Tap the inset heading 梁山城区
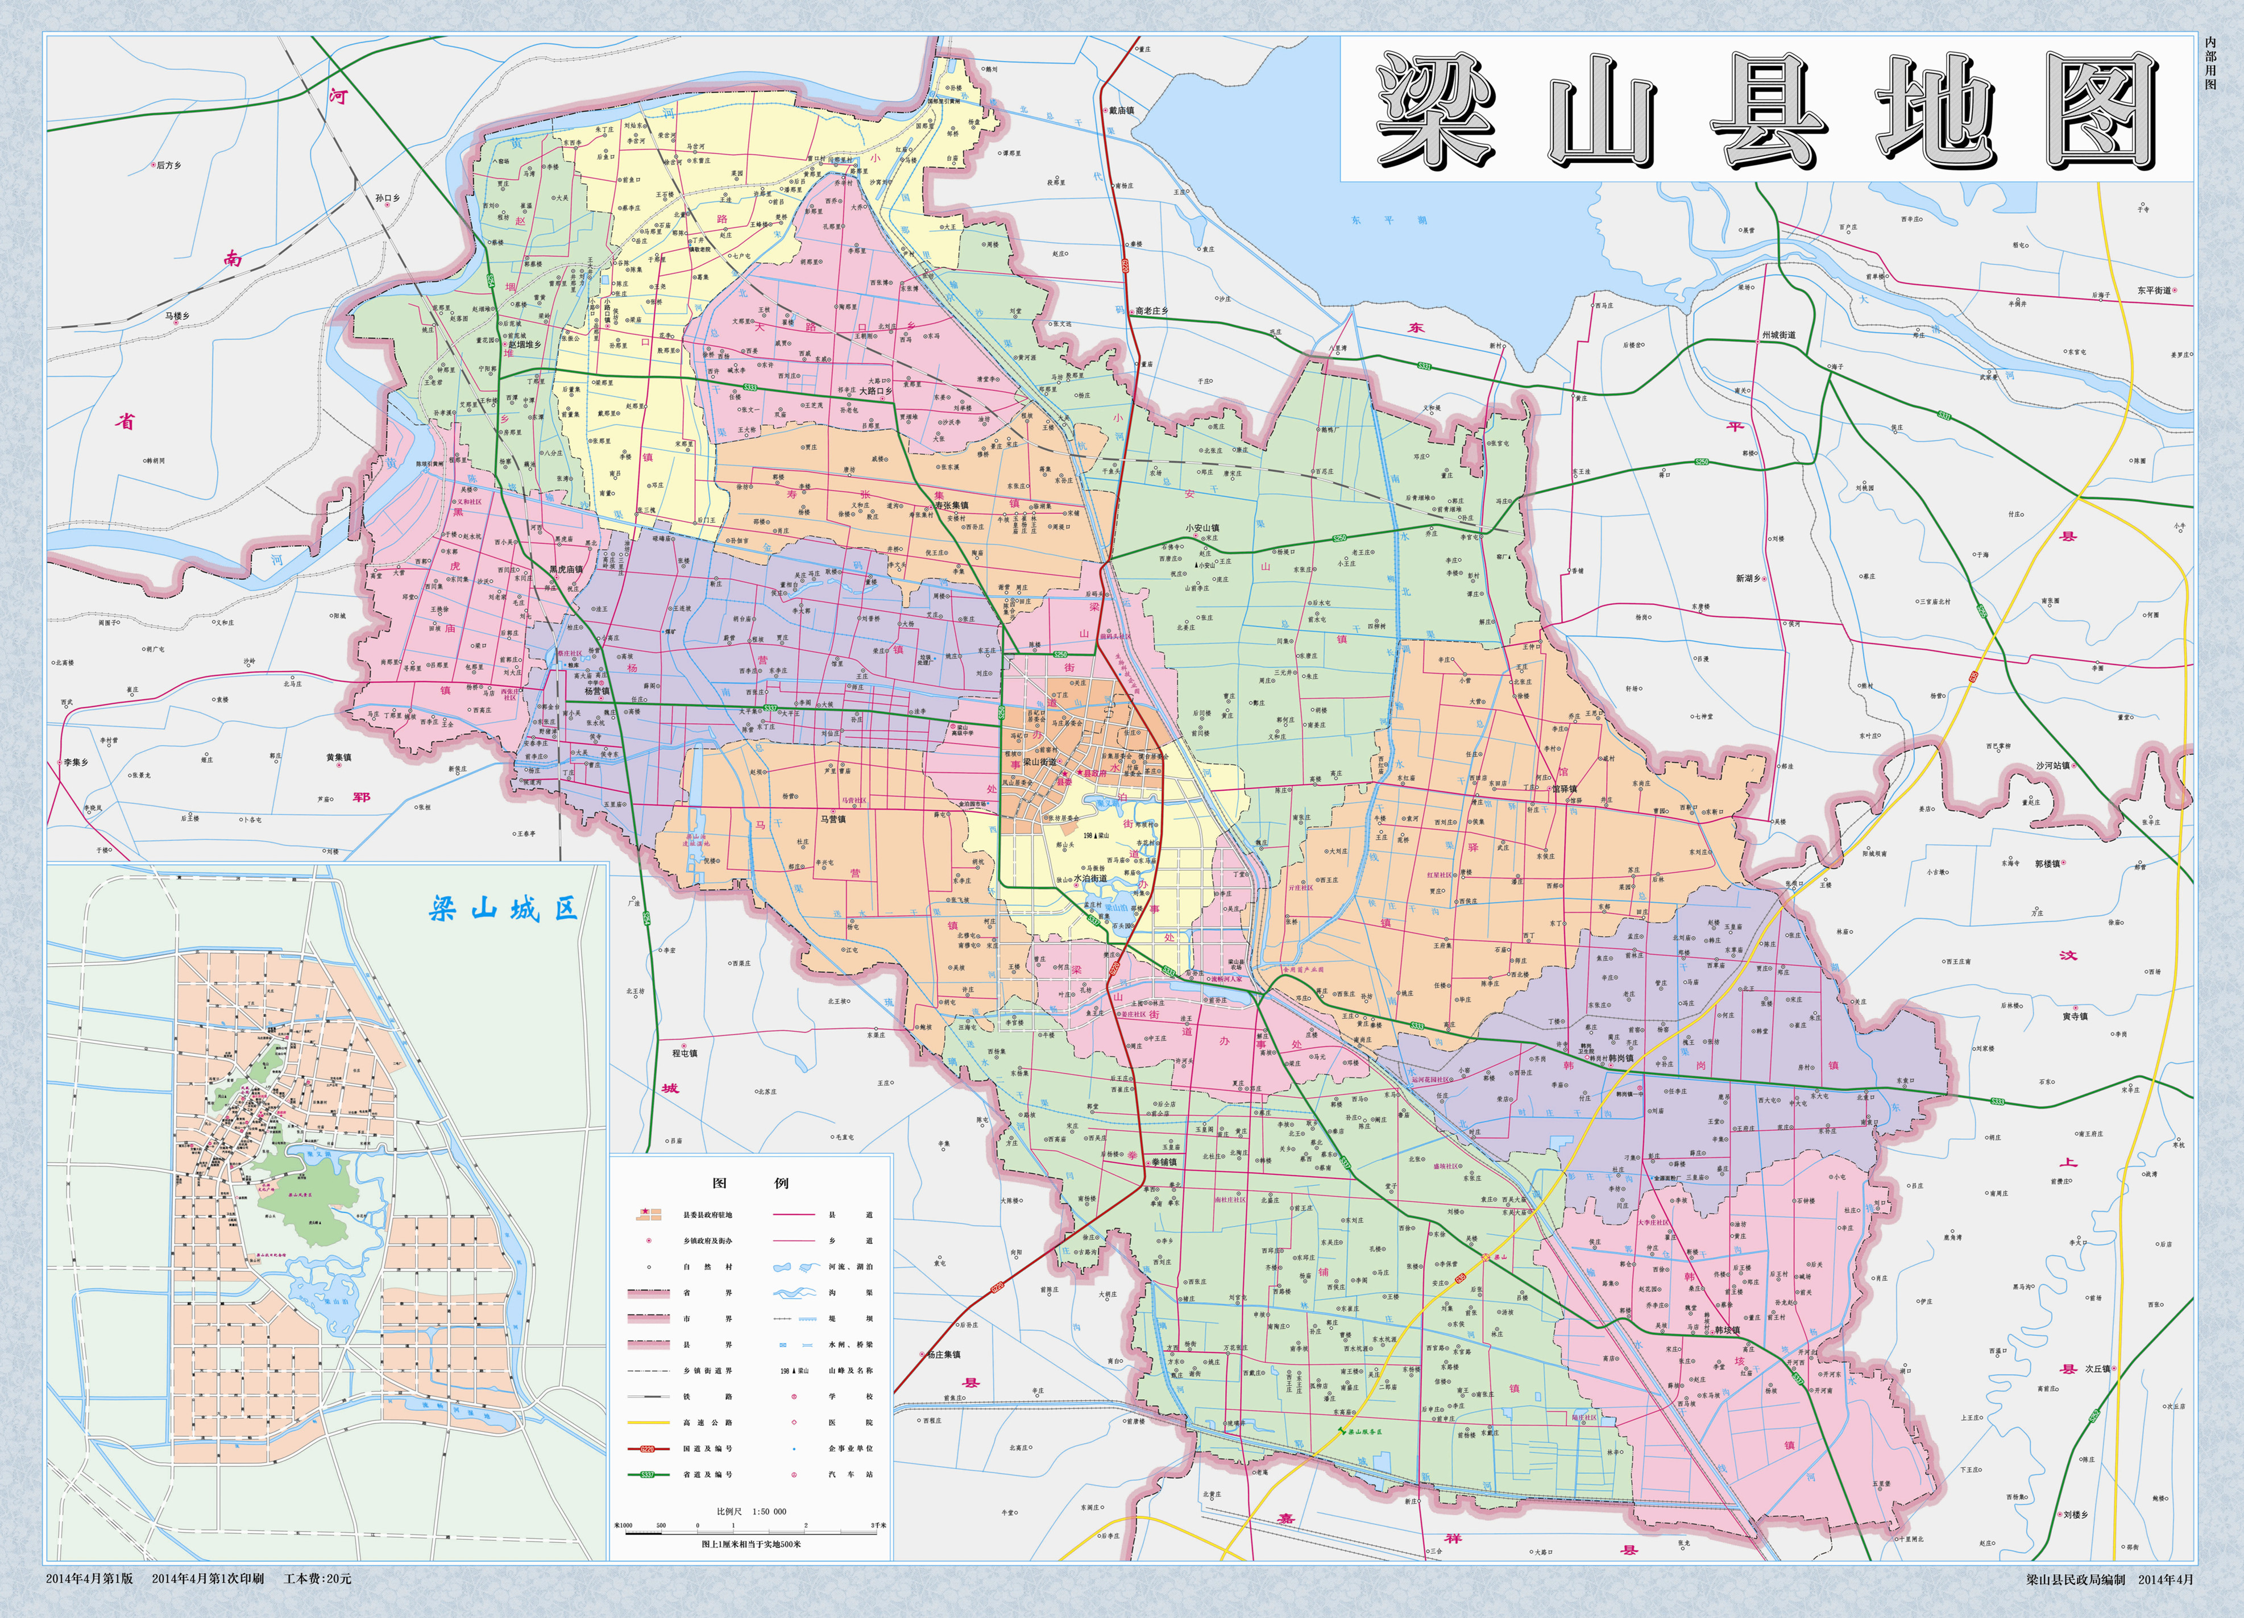504,908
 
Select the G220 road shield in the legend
648,1448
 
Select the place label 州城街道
1778,335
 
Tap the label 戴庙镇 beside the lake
1121,111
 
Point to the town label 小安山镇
1202,529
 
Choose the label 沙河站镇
2052,765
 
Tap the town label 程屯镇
685,1053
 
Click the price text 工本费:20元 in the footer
317,1578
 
